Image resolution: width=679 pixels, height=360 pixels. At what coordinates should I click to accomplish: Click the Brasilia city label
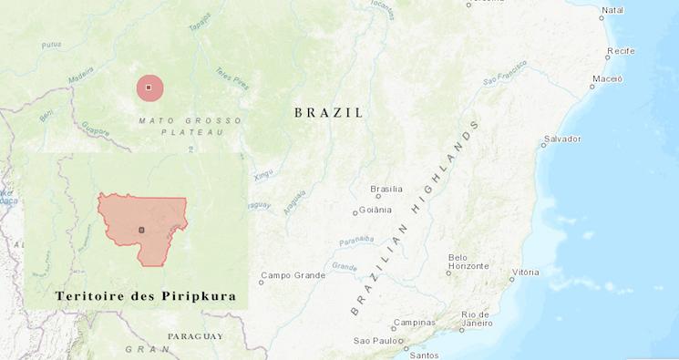(387, 190)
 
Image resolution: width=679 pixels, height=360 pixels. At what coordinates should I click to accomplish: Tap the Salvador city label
(562, 139)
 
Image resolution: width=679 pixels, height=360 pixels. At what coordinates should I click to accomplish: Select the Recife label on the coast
(621, 51)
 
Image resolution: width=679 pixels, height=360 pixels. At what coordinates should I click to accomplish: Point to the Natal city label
(613, 10)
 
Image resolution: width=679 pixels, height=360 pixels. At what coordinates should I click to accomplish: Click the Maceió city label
(607, 79)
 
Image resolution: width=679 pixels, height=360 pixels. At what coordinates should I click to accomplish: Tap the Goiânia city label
(375, 211)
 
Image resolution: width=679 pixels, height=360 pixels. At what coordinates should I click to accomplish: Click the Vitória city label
(526, 273)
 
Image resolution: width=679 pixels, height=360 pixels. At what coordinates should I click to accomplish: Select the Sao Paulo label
(377, 341)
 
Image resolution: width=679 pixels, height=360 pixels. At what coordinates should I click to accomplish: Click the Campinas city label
(414, 323)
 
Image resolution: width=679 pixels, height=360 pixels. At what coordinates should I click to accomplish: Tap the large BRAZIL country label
(329, 113)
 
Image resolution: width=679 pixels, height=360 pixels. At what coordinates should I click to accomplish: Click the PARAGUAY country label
(195, 336)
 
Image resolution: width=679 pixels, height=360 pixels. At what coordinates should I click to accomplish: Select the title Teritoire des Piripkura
(145, 297)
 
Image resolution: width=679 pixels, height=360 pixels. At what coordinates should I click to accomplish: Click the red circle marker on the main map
(149, 88)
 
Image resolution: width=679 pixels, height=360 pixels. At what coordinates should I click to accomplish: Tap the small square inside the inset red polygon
(141, 230)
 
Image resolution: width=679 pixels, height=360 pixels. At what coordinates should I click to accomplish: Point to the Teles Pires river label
(231, 77)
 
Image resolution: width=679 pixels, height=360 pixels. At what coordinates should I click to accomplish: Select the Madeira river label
(81, 71)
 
